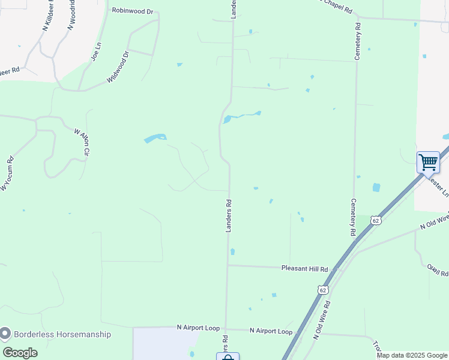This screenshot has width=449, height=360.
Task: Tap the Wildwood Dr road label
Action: click(118, 67)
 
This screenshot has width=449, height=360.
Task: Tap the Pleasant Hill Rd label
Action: click(305, 269)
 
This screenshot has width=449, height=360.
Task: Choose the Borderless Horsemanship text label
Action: click(63, 334)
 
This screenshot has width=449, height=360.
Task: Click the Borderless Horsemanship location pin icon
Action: click(6, 333)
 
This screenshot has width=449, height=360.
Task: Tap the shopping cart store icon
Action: click(428, 162)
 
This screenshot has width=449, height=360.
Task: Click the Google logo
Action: click(20, 353)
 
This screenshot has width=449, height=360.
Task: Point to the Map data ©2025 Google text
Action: click(412, 355)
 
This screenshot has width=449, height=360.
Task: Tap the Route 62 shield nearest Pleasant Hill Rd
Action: click(323, 290)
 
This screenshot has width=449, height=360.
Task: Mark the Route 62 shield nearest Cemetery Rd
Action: click(375, 221)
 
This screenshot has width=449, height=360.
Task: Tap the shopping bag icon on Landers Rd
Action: click(228, 357)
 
